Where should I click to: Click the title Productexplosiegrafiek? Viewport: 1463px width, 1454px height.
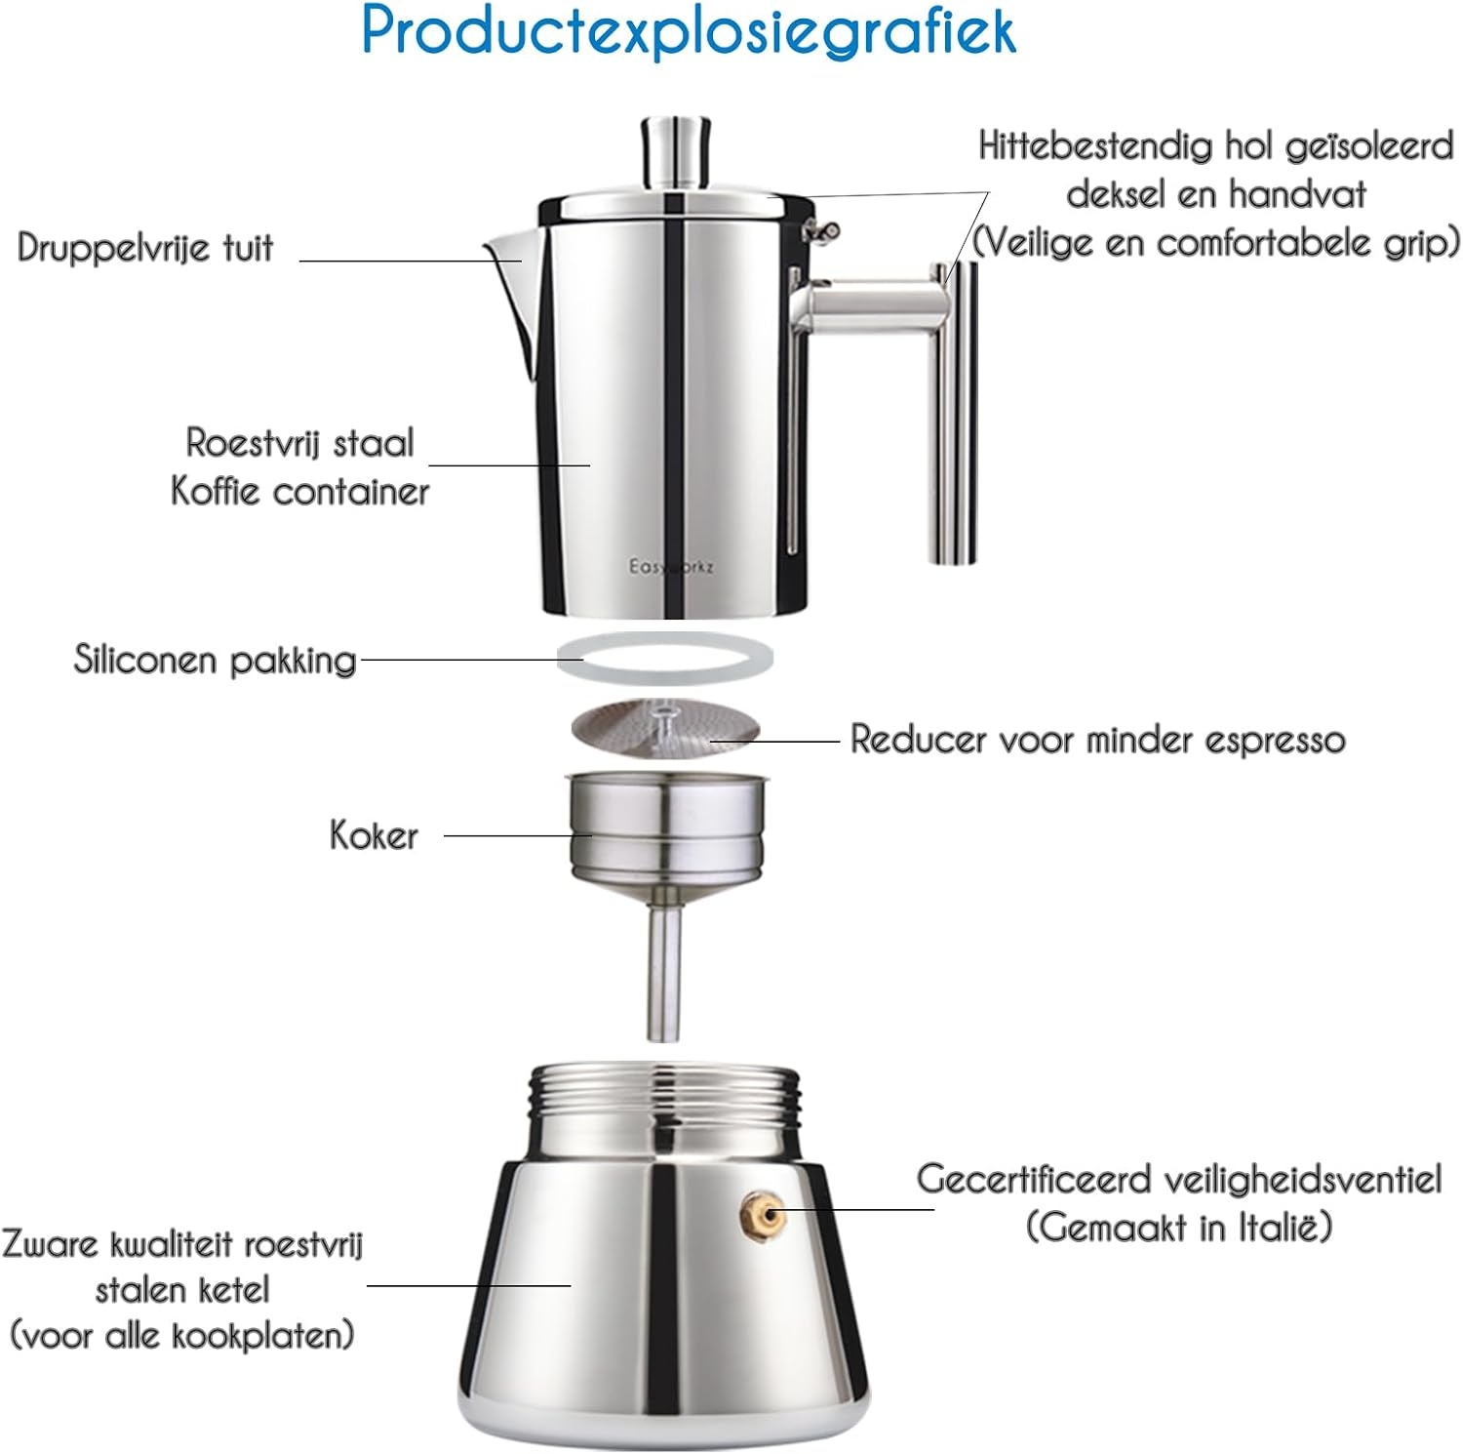point(689,31)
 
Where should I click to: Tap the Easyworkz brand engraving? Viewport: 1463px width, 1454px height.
point(671,566)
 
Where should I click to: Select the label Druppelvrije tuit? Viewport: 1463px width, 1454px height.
point(145,248)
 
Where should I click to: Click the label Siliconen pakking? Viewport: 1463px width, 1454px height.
point(215,661)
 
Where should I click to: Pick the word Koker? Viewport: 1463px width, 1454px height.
point(374,836)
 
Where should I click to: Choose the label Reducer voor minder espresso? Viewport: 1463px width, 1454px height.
point(1097,740)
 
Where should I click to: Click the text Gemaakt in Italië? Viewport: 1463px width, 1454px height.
point(1178,1227)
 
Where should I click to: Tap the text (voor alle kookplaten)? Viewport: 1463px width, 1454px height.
point(181,1335)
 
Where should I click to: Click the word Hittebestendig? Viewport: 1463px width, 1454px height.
point(1095,146)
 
